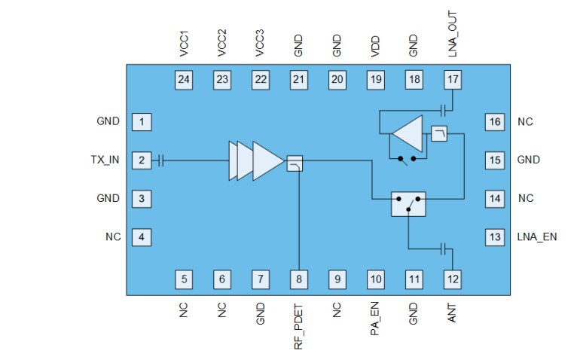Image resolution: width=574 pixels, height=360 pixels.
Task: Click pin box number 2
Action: [x=142, y=160]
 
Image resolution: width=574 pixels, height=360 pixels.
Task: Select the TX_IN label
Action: [x=105, y=160]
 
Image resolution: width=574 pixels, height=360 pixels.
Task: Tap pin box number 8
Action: [x=299, y=279]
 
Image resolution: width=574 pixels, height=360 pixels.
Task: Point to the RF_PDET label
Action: [x=299, y=325]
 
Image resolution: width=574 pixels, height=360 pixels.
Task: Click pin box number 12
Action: [x=452, y=279]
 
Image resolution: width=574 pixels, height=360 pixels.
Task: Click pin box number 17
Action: [x=452, y=79]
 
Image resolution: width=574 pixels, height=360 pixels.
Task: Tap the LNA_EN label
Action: [x=537, y=237]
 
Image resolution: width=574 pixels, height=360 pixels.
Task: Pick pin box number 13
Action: [x=494, y=237]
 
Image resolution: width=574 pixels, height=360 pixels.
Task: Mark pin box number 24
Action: [x=184, y=79]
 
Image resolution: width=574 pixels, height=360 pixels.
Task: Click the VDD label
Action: [x=375, y=45]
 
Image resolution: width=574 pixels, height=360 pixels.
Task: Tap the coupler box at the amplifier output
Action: [x=295, y=163]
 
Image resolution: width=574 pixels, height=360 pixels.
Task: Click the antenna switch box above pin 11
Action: [x=408, y=204]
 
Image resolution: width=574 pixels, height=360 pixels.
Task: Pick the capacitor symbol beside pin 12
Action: [x=444, y=248]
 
